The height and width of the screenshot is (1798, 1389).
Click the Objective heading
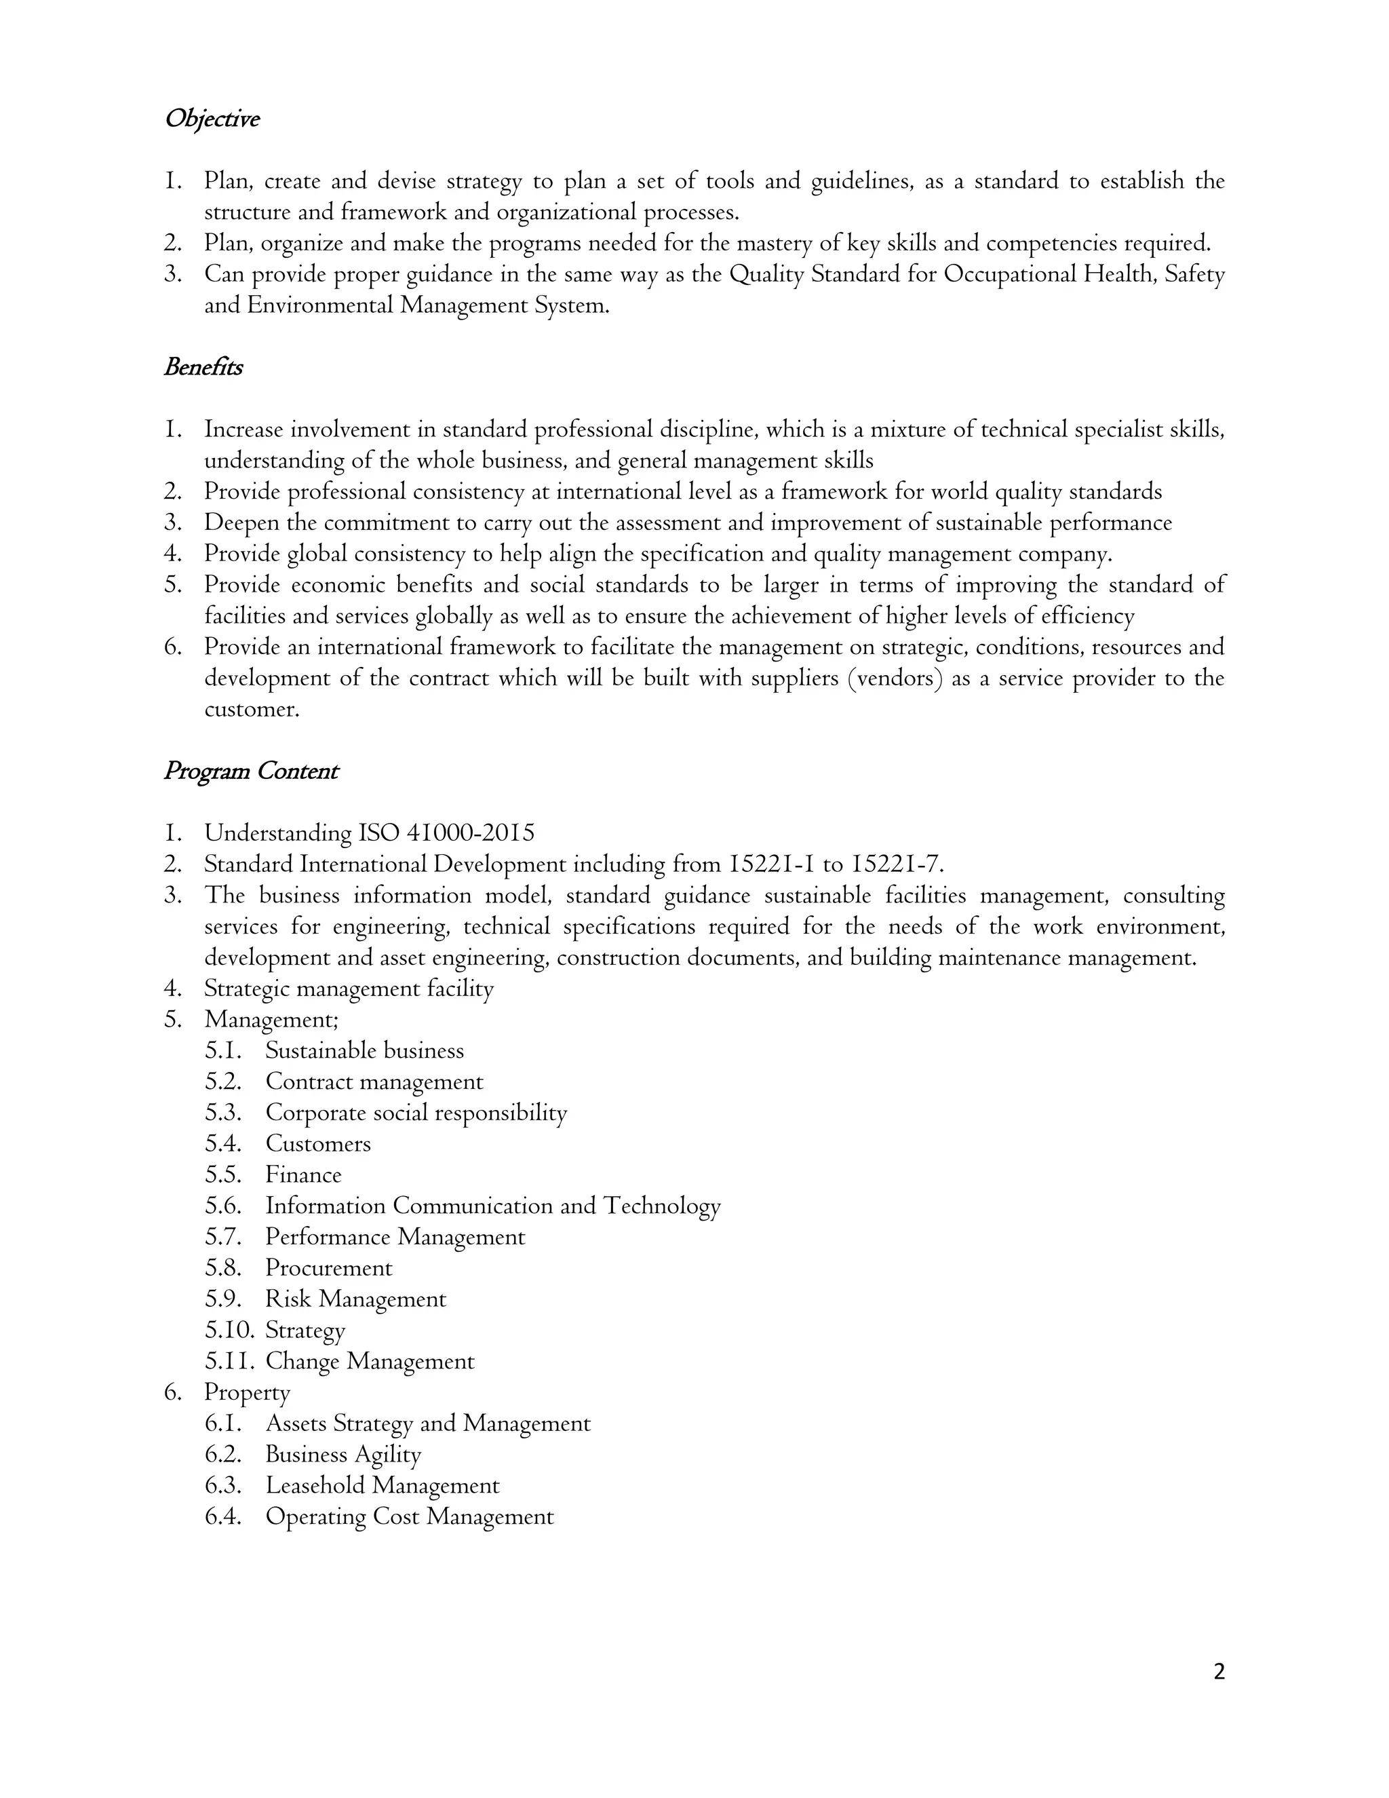click(212, 119)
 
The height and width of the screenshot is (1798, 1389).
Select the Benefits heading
click(203, 367)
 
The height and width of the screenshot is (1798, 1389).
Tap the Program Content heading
click(251, 771)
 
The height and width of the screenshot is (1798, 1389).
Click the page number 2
click(1219, 1672)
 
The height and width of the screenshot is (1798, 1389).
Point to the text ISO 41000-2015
click(447, 833)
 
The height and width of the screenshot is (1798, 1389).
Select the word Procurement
click(328, 1268)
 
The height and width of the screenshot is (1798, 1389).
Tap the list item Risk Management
click(355, 1299)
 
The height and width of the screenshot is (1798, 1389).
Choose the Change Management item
click(370, 1362)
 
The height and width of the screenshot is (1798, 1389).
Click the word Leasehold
click(315, 1485)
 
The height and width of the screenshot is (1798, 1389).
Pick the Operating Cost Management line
click(409, 1516)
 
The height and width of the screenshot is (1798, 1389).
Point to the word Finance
click(302, 1174)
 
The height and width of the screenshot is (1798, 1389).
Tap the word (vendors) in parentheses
click(895, 678)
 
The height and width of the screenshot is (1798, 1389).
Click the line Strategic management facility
click(349, 989)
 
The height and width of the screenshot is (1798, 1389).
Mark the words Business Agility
click(343, 1455)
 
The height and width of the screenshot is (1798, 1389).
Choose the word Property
click(247, 1393)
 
